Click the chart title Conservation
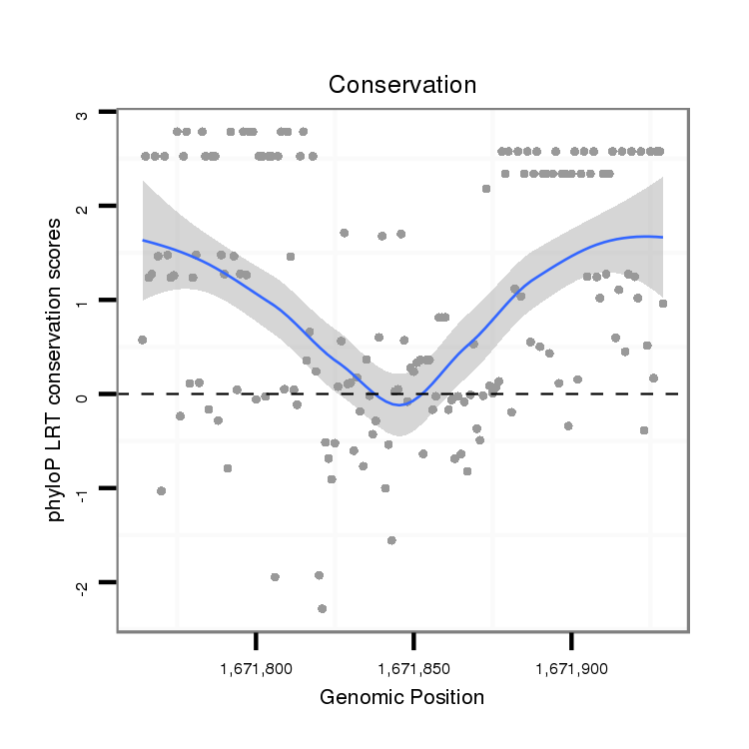pos(402,85)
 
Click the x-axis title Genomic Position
pos(401,697)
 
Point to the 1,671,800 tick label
pos(257,664)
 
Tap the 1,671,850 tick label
pos(413,664)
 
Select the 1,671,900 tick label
pos(570,664)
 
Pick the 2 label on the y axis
pos(83,207)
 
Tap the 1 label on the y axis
pos(83,301)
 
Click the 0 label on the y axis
pos(83,394)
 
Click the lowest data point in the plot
pos(322,608)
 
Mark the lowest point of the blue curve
pos(398,405)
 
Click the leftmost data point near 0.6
pos(142,340)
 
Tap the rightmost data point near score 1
pos(663,303)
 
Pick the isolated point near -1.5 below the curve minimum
pos(391,540)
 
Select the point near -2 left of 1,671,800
pos(275,577)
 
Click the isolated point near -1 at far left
pos(161,490)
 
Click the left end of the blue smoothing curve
pos(143,240)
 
